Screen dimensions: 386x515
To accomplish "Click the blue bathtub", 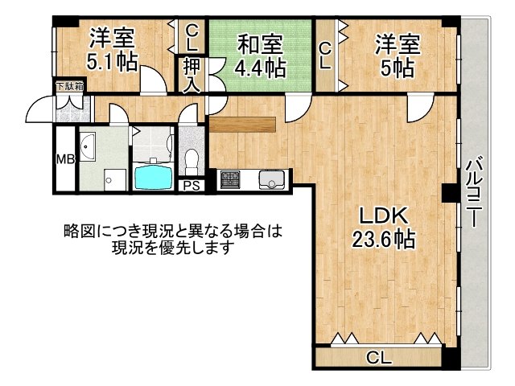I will coord(153,175).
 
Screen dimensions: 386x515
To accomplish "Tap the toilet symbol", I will coord(192,161).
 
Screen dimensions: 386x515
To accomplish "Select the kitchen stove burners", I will coord(230,179).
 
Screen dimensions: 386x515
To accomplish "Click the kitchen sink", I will coord(270,179).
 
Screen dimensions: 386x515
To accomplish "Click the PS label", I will coord(191,187).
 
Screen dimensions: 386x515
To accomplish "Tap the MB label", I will coord(64,159).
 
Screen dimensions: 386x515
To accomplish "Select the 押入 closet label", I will coord(192,75).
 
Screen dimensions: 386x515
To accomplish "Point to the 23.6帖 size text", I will coord(383,239).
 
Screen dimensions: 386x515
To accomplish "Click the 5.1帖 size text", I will coord(112,61).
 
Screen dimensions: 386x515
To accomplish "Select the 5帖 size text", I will coord(396,67).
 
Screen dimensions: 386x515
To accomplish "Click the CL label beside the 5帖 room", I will coord(325,56).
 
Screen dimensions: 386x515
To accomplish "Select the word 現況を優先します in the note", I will coord(174,248).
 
